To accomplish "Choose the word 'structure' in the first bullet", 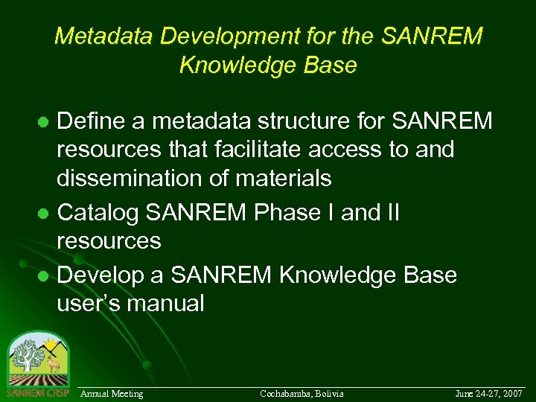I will (x=306, y=121).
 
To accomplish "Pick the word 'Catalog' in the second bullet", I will (x=99, y=213).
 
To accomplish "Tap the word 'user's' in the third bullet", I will (x=90, y=304).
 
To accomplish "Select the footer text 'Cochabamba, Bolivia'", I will (x=301, y=393).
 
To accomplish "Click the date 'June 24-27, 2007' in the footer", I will (x=488, y=393).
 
